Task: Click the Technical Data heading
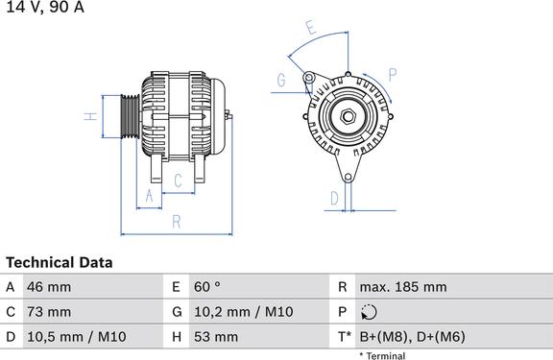[60, 263]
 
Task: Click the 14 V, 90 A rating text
[45, 7]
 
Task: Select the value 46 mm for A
[49, 287]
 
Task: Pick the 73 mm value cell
[49, 312]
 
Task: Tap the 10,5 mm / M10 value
[77, 337]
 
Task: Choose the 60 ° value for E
[207, 287]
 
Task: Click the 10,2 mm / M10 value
[244, 312]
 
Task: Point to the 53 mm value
[216, 337]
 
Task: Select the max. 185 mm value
[403, 287]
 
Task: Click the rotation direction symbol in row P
[369, 312]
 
